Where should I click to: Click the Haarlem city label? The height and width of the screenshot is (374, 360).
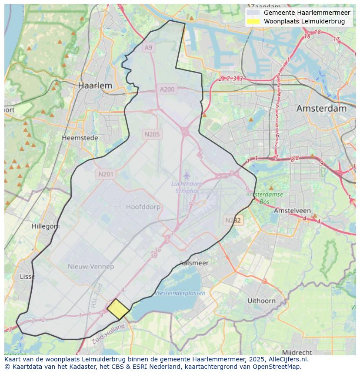(x=95, y=86)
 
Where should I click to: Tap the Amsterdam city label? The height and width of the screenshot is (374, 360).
(x=321, y=108)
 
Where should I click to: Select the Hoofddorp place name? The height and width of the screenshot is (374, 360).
(x=143, y=207)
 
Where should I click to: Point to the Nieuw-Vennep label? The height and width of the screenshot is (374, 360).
(x=91, y=266)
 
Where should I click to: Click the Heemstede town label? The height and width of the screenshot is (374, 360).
(x=80, y=138)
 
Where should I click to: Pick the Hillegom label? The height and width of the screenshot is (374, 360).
(x=46, y=226)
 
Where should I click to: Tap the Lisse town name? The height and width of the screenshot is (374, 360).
(x=27, y=277)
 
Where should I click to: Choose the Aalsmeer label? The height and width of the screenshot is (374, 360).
(x=194, y=263)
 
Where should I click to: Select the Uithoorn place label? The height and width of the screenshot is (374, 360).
(x=261, y=301)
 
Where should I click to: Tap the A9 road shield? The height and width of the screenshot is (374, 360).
(x=149, y=47)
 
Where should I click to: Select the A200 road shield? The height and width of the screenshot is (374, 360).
(x=167, y=89)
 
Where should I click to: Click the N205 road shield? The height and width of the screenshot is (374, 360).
(x=152, y=134)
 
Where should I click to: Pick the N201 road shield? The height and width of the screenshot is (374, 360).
(x=106, y=175)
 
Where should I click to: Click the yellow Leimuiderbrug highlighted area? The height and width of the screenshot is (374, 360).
(x=118, y=309)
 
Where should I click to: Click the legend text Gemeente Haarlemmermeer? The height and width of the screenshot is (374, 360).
(x=307, y=13)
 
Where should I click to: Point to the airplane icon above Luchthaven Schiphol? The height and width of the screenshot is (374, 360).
(x=187, y=175)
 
